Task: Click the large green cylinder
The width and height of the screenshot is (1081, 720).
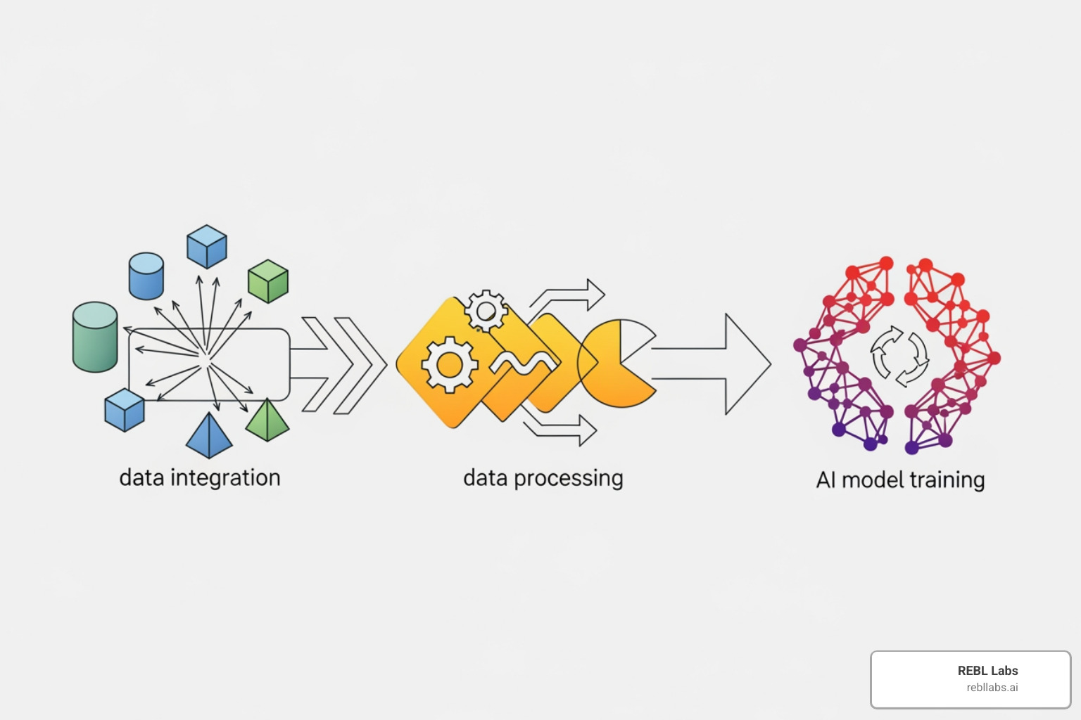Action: point(95,337)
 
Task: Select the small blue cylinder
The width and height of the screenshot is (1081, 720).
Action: point(146,276)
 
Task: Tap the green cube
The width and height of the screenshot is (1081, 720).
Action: point(268,281)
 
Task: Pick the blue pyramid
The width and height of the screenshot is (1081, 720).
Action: point(209,437)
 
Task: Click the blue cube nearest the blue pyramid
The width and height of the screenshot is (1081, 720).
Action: point(125,410)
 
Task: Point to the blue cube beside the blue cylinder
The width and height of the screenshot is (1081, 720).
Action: point(207,247)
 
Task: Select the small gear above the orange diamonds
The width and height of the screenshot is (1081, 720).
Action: point(486,310)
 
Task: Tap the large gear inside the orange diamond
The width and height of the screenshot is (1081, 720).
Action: point(449,364)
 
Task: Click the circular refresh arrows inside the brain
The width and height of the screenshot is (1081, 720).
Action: point(899,355)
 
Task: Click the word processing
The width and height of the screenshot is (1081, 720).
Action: point(568,479)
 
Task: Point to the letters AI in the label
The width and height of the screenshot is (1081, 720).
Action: point(826,480)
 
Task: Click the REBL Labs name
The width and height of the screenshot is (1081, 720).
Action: point(987,671)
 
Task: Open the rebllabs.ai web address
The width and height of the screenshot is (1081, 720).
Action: point(992,688)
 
